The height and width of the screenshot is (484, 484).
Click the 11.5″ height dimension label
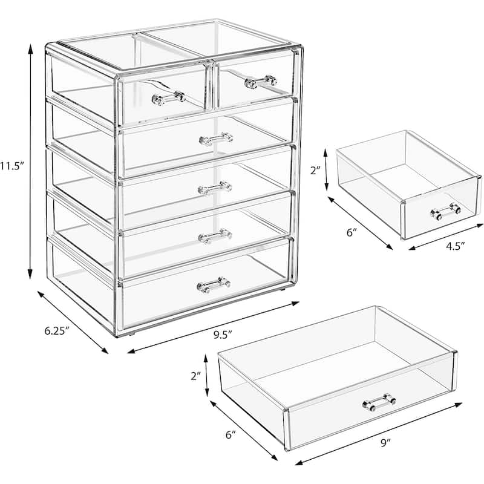12,166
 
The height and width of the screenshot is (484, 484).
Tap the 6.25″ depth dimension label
56,331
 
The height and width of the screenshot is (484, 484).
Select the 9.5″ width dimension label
223,335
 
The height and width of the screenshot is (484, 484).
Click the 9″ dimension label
385,443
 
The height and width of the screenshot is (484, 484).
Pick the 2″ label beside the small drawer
316,170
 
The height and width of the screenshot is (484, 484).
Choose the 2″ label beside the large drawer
195,376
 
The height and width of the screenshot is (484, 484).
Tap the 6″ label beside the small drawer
351,232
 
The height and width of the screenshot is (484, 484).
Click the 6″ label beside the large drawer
231,435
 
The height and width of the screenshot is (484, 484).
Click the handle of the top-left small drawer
169,98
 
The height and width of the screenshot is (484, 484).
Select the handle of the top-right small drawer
261,82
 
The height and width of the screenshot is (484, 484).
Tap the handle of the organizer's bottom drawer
214,285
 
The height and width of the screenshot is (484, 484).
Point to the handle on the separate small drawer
446,211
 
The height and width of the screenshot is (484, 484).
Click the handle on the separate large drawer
379,402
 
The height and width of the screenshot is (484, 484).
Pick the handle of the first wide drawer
216,139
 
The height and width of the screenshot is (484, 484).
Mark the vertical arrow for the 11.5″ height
30,162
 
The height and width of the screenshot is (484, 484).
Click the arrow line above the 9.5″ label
214,327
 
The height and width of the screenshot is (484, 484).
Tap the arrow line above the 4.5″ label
446,237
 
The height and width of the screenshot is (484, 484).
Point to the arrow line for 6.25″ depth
73,322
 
